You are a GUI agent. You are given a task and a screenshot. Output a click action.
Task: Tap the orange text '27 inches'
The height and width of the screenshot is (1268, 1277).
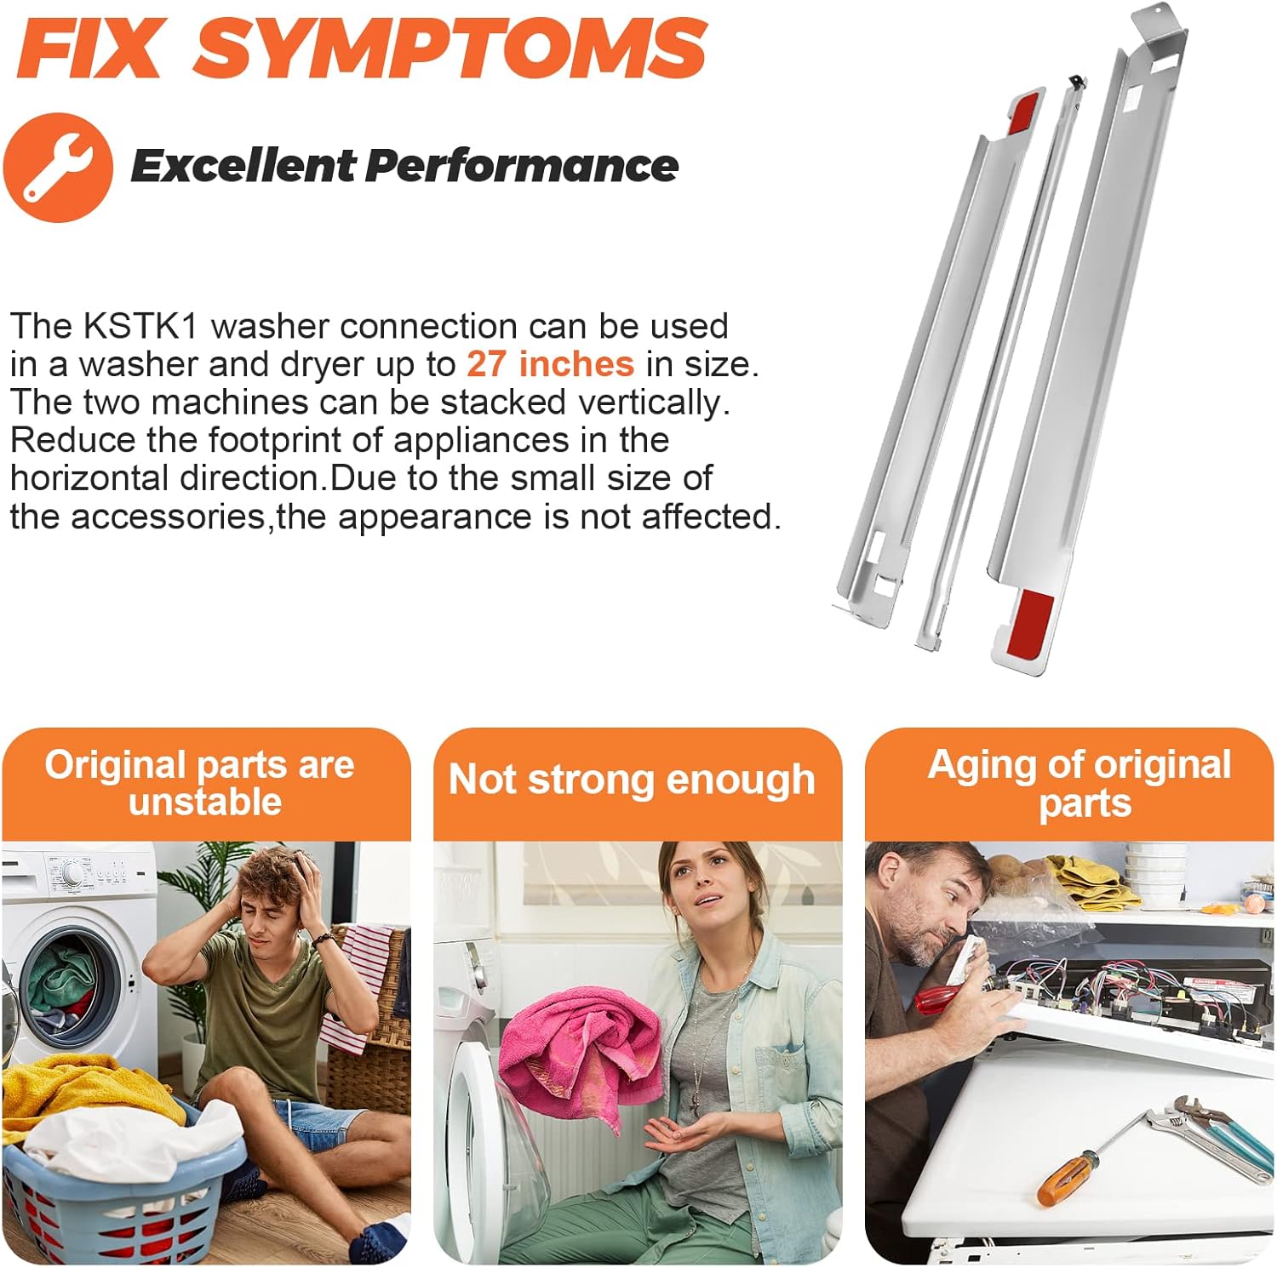point(550,364)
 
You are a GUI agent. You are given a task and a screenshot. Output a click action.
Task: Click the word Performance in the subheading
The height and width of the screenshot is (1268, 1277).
point(522,165)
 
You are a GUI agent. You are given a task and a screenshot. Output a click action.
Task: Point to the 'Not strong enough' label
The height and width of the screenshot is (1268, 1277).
point(632,780)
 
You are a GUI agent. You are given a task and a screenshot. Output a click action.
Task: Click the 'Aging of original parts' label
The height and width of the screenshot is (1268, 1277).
point(1079,784)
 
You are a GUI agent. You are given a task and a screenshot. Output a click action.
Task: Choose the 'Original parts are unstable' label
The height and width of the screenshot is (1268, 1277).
point(200,783)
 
